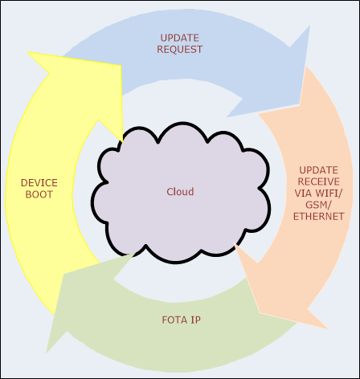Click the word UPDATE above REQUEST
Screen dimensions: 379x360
pos(180,39)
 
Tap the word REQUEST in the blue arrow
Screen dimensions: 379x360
pos(180,50)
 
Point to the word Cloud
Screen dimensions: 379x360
pos(180,191)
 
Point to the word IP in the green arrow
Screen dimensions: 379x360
pos(194,320)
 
